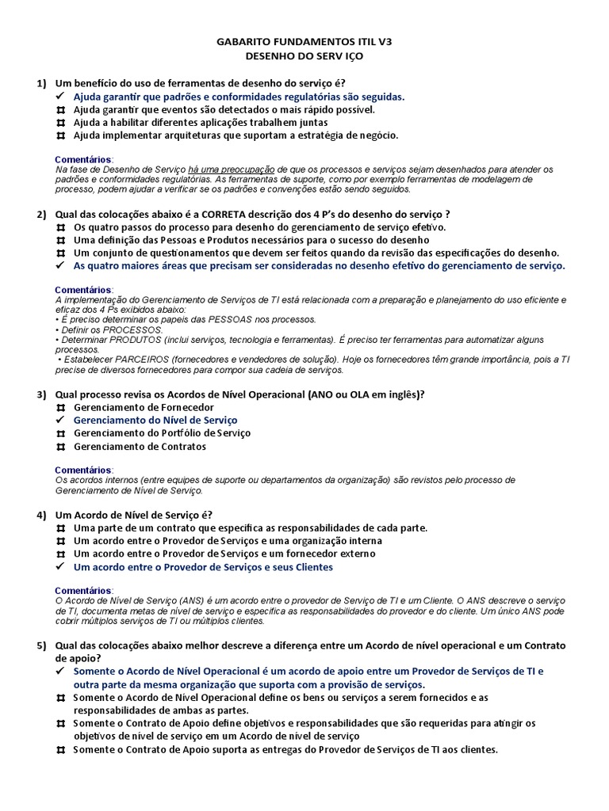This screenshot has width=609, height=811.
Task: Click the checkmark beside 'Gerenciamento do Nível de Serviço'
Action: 60,421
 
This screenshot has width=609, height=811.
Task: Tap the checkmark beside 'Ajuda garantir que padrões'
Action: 60,97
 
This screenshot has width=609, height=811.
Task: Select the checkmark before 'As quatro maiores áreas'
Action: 60,266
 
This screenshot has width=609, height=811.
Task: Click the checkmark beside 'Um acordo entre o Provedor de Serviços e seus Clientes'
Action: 60,567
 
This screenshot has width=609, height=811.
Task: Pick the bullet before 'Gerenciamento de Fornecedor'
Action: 60,407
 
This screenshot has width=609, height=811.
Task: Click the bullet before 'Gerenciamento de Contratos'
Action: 60,447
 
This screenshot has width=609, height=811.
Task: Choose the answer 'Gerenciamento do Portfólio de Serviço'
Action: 162,433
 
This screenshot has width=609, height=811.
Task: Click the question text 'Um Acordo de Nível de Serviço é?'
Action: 134,515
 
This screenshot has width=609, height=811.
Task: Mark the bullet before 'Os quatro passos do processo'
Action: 60,227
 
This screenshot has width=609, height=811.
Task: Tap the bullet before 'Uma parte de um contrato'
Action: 60,527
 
